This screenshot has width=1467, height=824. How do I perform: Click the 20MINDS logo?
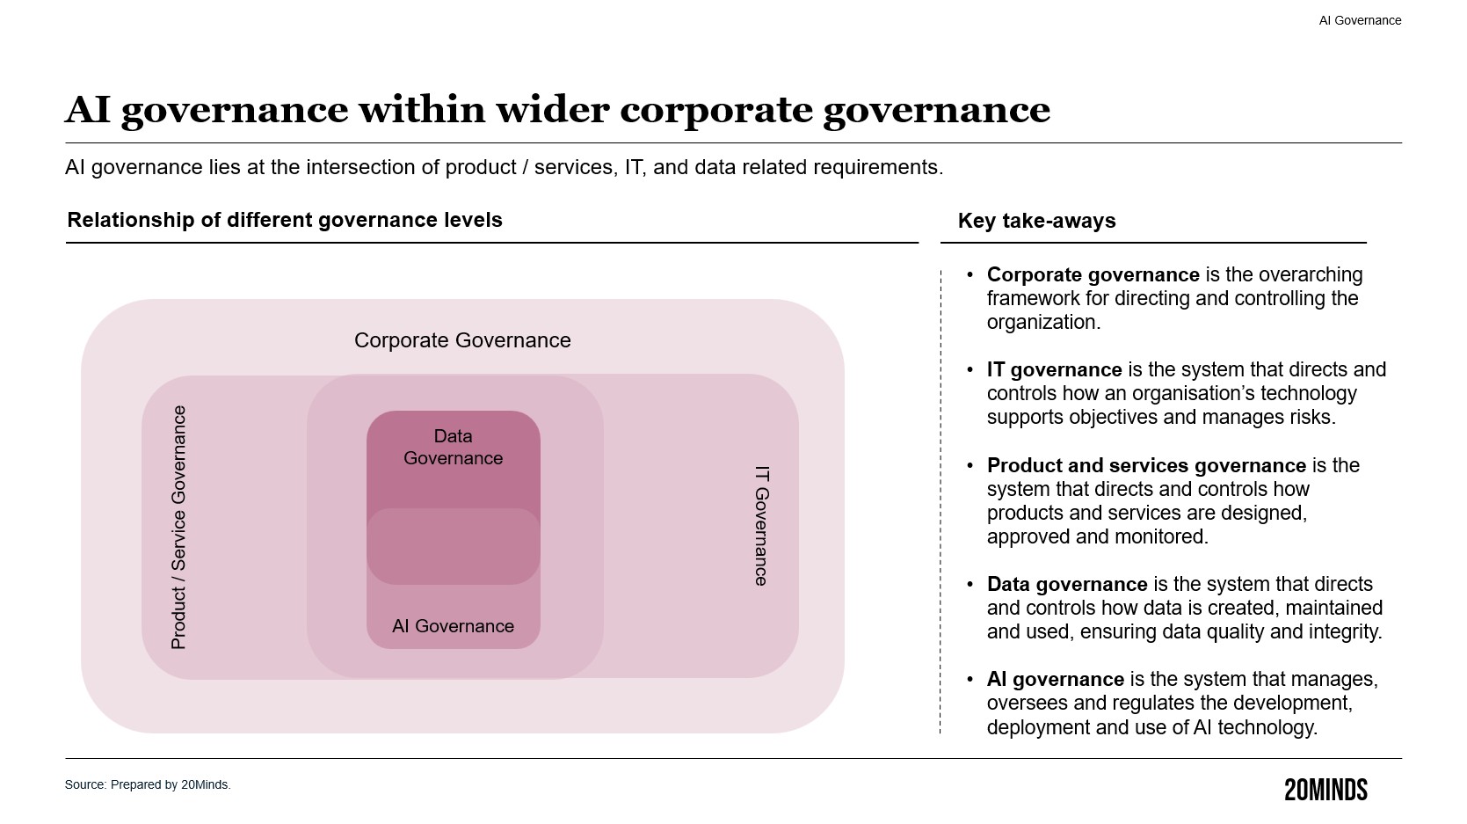pyautogui.click(x=1325, y=790)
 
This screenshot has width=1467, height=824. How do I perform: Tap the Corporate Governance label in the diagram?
pyautogui.click(x=462, y=340)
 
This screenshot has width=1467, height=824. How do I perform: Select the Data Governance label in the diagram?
pyautogui.click(x=453, y=447)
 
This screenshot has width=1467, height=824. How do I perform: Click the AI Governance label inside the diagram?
pyautogui.click(x=453, y=626)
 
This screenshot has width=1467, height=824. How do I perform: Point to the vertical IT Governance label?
pyautogui.click(x=761, y=525)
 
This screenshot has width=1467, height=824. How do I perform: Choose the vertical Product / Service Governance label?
pyautogui.click(x=178, y=528)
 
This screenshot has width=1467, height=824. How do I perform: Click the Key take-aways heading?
pyautogui.click(x=1036, y=221)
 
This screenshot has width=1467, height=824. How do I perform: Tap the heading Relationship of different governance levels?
pyautogui.click(x=285, y=220)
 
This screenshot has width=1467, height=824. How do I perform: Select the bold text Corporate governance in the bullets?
pyautogui.click(x=1093, y=275)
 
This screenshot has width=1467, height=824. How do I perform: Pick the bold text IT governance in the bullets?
pyautogui.click(x=1054, y=370)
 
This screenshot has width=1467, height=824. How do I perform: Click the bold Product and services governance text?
pyautogui.click(x=1146, y=465)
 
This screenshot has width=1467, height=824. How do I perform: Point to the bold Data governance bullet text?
pyautogui.click(x=1067, y=585)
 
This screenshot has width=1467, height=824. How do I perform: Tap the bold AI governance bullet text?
pyautogui.click(x=1055, y=680)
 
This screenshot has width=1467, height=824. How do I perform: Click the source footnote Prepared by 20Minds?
pyautogui.click(x=148, y=784)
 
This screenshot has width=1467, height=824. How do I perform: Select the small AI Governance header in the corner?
pyautogui.click(x=1360, y=20)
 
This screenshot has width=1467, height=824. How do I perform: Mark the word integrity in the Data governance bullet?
pyautogui.click(x=1346, y=632)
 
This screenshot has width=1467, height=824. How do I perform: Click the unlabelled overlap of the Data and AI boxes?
pyautogui.click(x=453, y=546)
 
